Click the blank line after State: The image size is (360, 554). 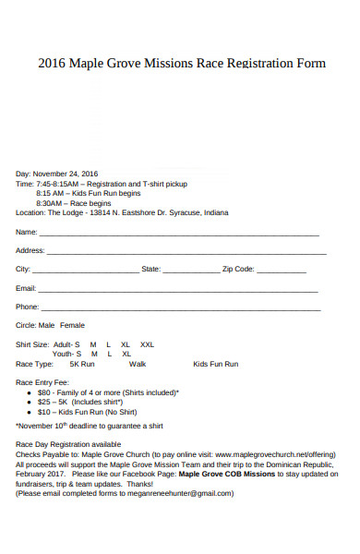[191, 270]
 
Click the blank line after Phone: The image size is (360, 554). [180, 307]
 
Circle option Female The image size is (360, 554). [72, 325]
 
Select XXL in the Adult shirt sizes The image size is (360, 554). [147, 343]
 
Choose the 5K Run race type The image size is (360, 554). [82, 364]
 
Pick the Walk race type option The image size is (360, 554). [138, 364]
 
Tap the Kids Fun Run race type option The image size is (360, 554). [215, 364]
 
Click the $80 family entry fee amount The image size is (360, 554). [44, 391]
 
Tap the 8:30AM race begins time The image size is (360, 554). [49, 202]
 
